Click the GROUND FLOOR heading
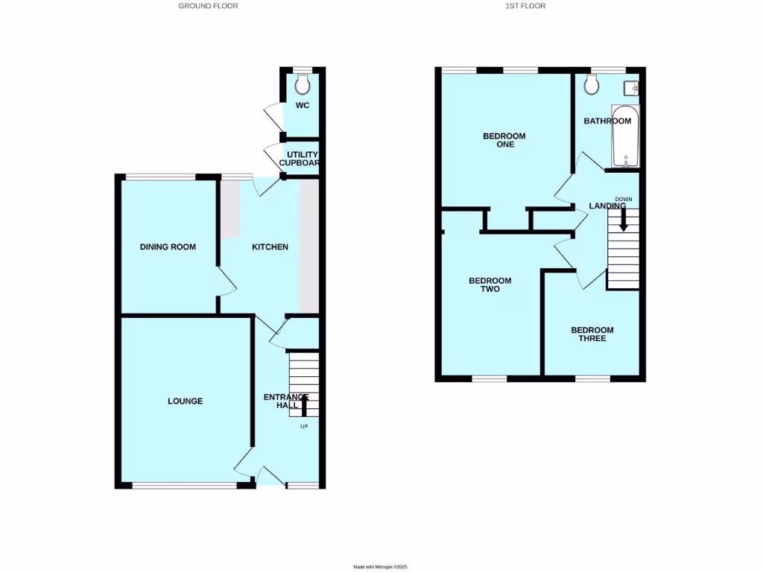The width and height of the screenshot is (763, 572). click(x=208, y=6)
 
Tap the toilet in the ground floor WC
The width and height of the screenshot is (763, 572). click(x=303, y=82)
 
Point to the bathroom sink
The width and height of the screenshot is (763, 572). click(x=634, y=88)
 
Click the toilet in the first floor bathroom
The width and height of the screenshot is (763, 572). click(x=592, y=85)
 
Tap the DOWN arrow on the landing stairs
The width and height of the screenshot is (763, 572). click(x=624, y=218)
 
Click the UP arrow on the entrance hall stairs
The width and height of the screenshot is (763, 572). click(x=304, y=406)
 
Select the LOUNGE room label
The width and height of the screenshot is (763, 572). click(x=185, y=401)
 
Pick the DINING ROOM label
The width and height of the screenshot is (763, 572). click(x=168, y=247)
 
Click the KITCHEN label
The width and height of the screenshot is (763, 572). click(x=270, y=247)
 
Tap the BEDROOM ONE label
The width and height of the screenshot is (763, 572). click(x=504, y=140)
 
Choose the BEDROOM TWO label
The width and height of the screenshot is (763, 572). click(x=490, y=285)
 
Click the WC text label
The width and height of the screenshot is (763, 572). click(x=302, y=105)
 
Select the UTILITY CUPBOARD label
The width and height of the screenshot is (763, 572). click(x=298, y=159)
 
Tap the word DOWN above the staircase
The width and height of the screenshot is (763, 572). click(x=624, y=199)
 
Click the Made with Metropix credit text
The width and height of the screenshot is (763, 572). click(x=381, y=568)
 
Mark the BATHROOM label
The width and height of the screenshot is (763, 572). click(x=607, y=121)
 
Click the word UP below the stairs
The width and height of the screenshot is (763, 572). click(x=304, y=427)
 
